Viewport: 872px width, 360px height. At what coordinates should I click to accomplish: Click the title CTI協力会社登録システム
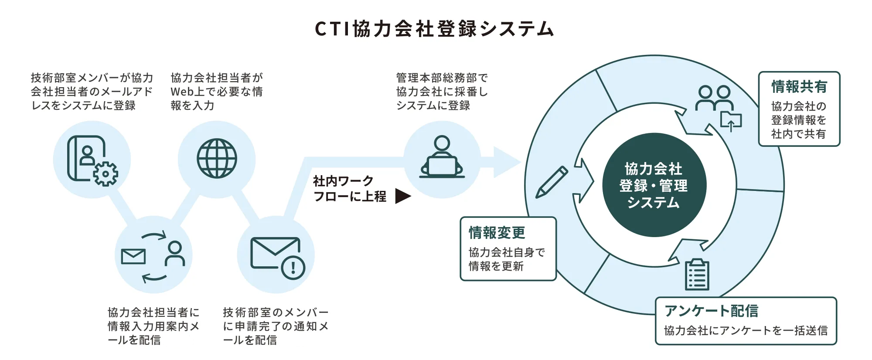(434, 29)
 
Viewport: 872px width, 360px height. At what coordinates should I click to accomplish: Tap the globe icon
(217, 159)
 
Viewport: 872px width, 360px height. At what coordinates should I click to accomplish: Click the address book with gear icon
(92, 160)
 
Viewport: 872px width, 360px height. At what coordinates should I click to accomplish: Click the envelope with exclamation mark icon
(276, 258)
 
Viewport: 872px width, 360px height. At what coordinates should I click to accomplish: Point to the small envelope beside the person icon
(133, 257)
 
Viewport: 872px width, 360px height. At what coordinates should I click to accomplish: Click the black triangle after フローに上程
(402, 196)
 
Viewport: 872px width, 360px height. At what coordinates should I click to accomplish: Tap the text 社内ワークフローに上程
(349, 189)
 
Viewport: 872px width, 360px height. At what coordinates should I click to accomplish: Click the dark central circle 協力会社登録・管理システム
(654, 185)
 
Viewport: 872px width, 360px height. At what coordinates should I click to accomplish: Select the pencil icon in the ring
(552, 182)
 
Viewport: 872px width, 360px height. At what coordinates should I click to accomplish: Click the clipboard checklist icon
(697, 275)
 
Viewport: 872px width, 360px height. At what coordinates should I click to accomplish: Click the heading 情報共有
(799, 87)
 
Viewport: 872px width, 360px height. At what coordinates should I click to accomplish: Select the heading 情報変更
(497, 233)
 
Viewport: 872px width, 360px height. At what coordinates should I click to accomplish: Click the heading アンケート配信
(711, 311)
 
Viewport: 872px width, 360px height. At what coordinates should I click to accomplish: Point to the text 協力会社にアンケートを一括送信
(746, 331)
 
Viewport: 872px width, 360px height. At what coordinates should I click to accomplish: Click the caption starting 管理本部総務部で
(442, 92)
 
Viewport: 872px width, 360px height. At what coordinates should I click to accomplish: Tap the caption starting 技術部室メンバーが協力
(92, 92)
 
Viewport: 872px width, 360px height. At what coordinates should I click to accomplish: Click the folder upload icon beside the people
(731, 121)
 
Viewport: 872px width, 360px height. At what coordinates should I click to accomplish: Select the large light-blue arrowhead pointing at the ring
(507, 162)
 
